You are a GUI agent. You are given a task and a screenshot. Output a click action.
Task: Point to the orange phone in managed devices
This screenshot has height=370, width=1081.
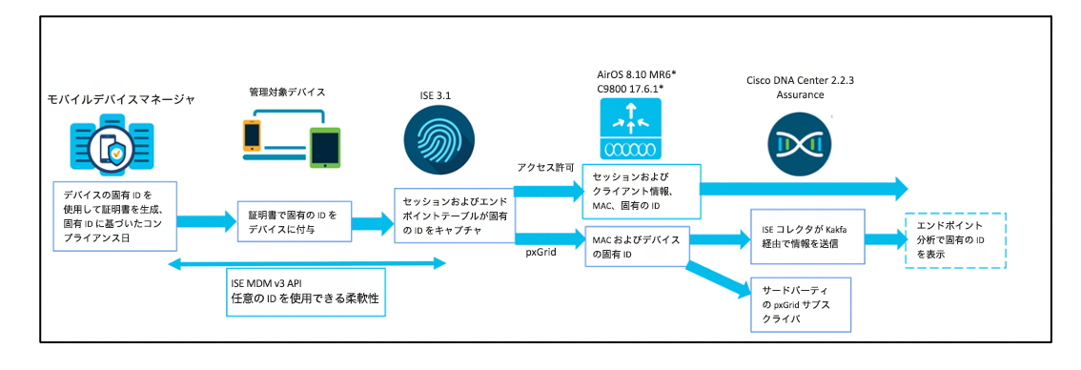tap(252, 138)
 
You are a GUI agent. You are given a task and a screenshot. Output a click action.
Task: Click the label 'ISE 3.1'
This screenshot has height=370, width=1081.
tap(438, 96)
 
